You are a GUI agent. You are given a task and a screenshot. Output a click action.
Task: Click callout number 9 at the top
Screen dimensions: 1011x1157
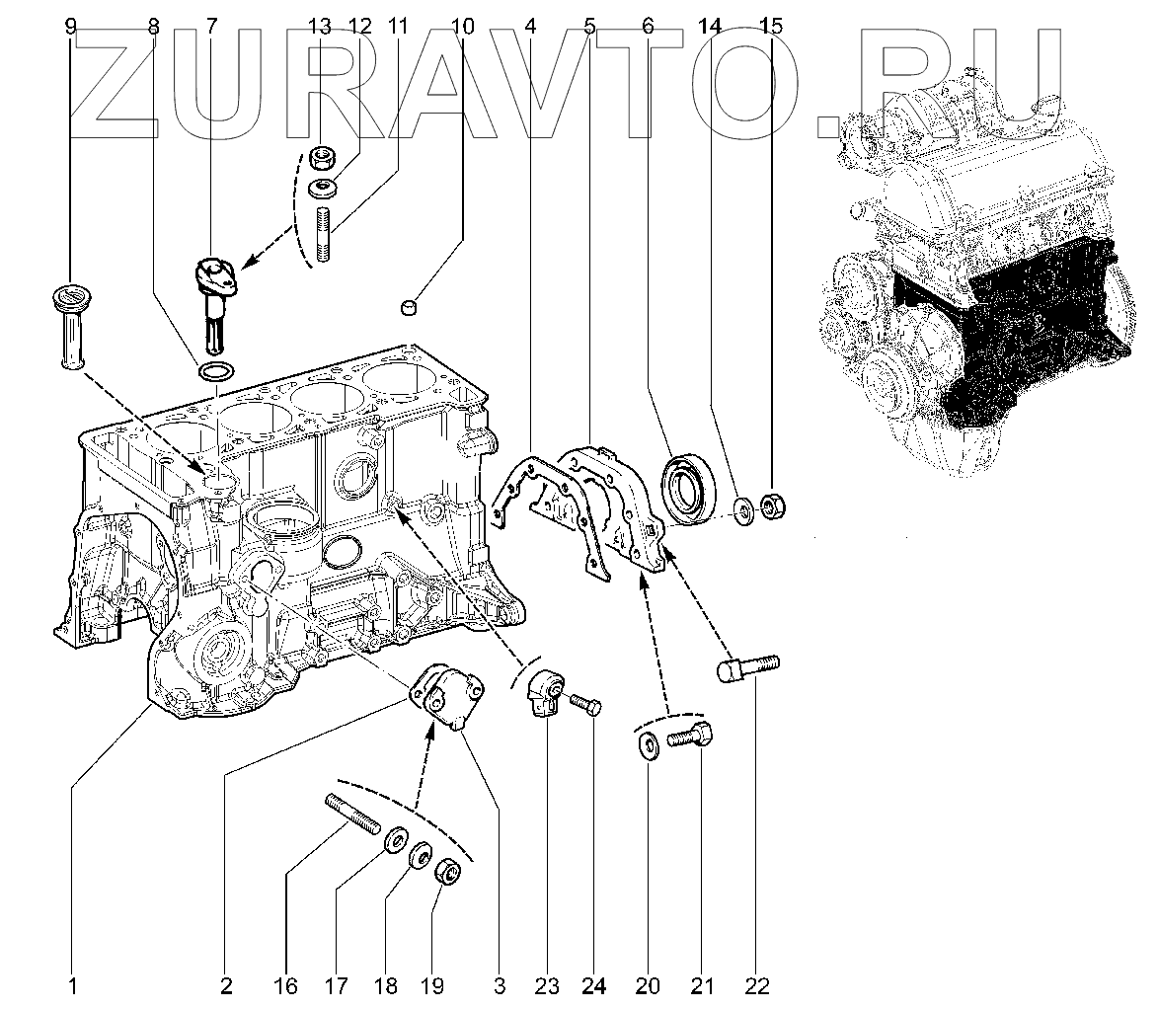pyautogui.click(x=70, y=27)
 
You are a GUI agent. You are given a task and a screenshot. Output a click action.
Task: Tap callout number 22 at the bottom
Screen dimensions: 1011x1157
pyautogui.click(x=757, y=984)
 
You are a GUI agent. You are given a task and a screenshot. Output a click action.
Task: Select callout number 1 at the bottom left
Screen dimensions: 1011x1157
pyautogui.click(x=72, y=984)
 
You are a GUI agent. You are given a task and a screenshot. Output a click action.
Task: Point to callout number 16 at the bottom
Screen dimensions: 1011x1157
pyautogui.click(x=285, y=984)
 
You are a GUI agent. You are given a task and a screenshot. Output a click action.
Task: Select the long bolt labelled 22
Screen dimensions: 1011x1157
pyautogui.click(x=746, y=668)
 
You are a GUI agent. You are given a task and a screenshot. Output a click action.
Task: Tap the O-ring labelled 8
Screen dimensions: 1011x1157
pyautogui.click(x=217, y=372)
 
